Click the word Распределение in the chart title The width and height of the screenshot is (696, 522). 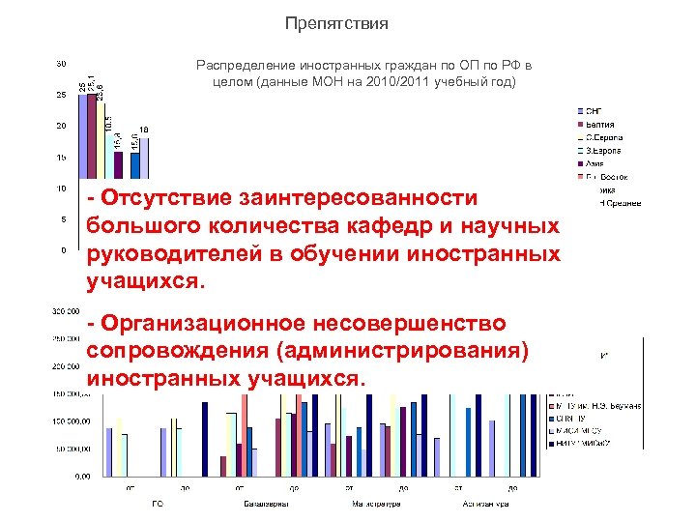242,65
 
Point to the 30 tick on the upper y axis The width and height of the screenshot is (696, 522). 60,64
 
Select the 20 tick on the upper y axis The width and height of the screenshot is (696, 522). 60,127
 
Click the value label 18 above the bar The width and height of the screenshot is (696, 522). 144,130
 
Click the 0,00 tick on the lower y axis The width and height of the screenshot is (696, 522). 84,477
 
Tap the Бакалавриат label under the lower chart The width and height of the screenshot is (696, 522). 262,504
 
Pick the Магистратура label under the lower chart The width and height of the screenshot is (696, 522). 375,504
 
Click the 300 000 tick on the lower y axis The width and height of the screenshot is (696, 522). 66,311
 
